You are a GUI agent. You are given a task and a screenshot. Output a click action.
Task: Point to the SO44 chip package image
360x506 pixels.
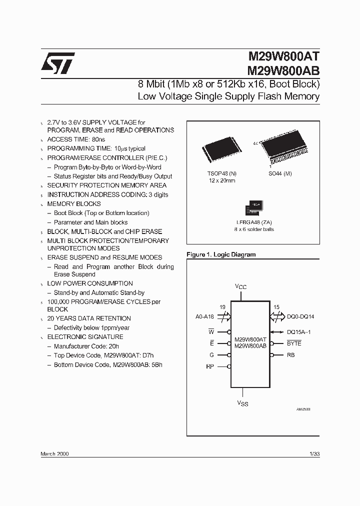click(x=286, y=150)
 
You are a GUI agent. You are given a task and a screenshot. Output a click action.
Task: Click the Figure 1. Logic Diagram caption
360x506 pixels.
click(x=220, y=254)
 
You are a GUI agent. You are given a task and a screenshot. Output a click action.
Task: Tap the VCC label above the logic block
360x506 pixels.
click(x=241, y=287)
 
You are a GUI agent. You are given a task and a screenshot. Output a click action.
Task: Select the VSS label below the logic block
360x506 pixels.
click(x=242, y=402)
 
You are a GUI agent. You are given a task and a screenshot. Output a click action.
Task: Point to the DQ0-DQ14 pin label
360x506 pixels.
click(x=300, y=316)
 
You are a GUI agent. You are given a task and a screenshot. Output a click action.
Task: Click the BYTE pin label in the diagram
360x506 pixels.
click(x=294, y=343)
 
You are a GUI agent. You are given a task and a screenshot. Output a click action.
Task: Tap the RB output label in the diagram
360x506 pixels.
click(x=290, y=355)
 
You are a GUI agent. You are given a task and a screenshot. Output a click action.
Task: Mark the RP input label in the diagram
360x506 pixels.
click(x=210, y=366)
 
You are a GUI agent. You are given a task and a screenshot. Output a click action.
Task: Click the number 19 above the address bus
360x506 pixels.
click(x=222, y=307)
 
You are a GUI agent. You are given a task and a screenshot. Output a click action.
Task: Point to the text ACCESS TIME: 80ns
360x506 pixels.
click(x=76, y=139)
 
